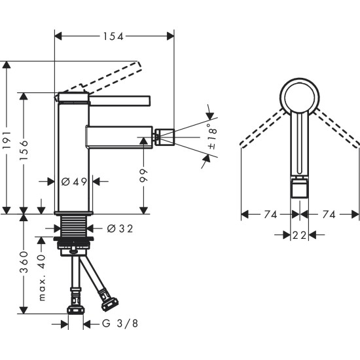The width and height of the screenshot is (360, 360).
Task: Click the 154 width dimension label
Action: [x=114, y=37]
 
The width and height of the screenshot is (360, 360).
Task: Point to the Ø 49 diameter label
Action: [x=73, y=181]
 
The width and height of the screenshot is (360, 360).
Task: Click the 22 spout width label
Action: [x=300, y=234]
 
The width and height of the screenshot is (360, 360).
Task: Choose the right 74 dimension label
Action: [x=329, y=214]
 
